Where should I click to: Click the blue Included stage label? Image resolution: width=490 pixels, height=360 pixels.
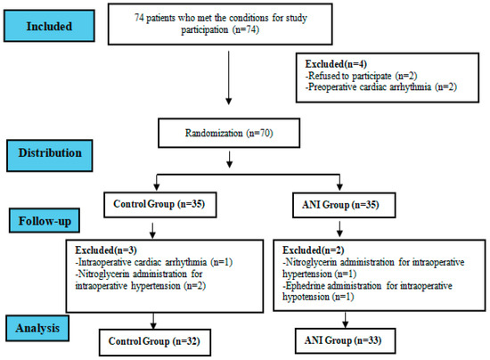tap(49, 26)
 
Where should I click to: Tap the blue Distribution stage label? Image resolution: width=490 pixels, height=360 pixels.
tap(50, 156)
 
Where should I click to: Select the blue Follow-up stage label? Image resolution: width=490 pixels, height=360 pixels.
tap(45, 221)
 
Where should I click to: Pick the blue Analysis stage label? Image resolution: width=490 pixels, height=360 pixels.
tap(37, 328)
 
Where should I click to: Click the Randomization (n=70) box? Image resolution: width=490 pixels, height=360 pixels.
tap(229, 133)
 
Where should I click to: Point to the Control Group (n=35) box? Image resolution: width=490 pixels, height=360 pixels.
tap(160, 205)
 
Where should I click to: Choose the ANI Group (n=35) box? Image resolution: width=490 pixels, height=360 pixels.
tap(344, 205)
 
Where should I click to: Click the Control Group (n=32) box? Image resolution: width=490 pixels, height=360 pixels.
tap(155, 342)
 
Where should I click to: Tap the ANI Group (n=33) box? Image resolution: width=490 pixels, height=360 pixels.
tap(345, 340)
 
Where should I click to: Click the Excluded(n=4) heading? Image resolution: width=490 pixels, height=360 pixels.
tap(336, 64)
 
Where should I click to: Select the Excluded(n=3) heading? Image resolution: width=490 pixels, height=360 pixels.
tap(106, 250)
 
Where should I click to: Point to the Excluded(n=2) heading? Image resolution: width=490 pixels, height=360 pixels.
tap(313, 250)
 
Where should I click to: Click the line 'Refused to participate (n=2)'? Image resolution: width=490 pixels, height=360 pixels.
tap(361, 76)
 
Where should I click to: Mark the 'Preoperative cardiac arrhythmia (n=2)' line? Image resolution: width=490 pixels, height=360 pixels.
tap(381, 86)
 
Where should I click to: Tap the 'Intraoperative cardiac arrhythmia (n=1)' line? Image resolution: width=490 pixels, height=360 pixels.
tap(154, 262)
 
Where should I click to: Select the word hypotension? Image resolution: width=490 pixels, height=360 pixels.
tap(306, 297)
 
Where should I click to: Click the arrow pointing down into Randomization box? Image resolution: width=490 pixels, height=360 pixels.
tap(229, 78)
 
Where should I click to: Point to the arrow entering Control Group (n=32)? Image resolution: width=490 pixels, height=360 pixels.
tap(153, 321)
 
